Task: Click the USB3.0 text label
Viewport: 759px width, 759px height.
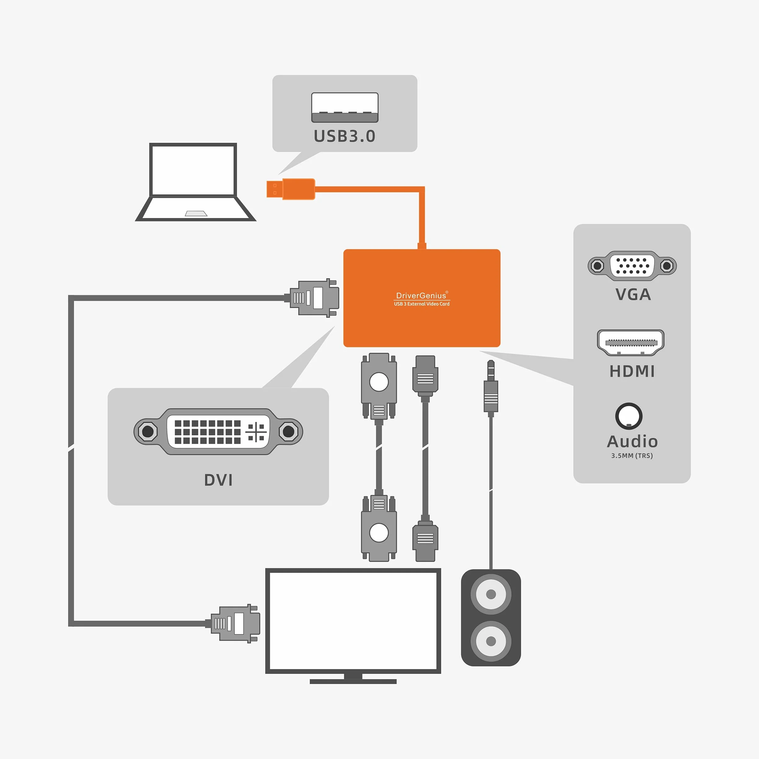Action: tap(344, 136)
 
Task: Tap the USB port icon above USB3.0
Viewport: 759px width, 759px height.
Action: tap(344, 107)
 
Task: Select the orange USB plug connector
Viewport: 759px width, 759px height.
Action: tap(291, 189)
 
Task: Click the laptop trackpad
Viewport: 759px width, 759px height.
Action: tap(196, 214)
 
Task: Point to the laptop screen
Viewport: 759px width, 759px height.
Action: tap(193, 170)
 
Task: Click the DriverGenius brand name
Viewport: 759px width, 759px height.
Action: tap(421, 296)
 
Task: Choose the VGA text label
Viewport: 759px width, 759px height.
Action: tap(633, 294)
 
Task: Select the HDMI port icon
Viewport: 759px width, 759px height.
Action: tap(630, 343)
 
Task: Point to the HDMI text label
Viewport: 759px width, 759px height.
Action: tap(632, 371)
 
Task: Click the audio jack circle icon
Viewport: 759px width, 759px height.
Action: tap(629, 416)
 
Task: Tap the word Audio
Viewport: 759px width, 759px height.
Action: tap(632, 441)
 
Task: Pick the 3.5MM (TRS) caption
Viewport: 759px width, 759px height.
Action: tap(632, 456)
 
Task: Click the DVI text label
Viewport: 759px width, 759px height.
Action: tap(218, 480)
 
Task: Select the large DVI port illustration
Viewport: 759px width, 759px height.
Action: tap(218, 431)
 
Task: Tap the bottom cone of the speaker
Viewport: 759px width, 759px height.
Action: tap(491, 641)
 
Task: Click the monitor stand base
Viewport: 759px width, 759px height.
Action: tap(353, 682)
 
